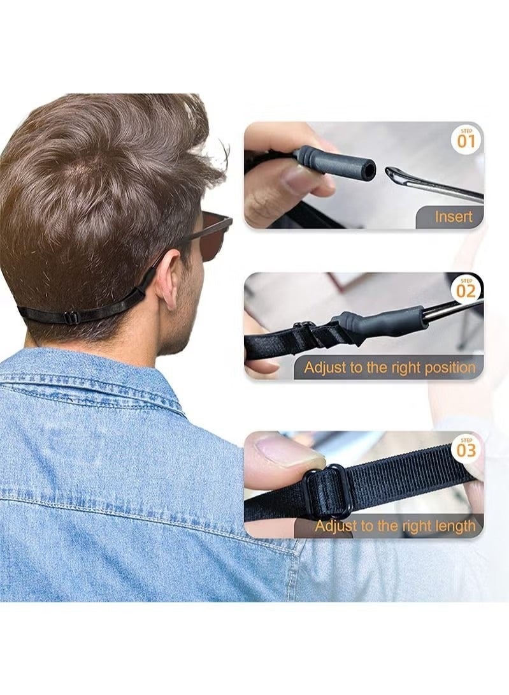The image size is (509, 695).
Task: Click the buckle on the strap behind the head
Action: point(71,317)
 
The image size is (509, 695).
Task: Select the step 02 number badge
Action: point(466,291)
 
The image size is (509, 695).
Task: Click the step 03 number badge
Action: point(466,450)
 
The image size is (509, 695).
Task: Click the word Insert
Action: point(454,217)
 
